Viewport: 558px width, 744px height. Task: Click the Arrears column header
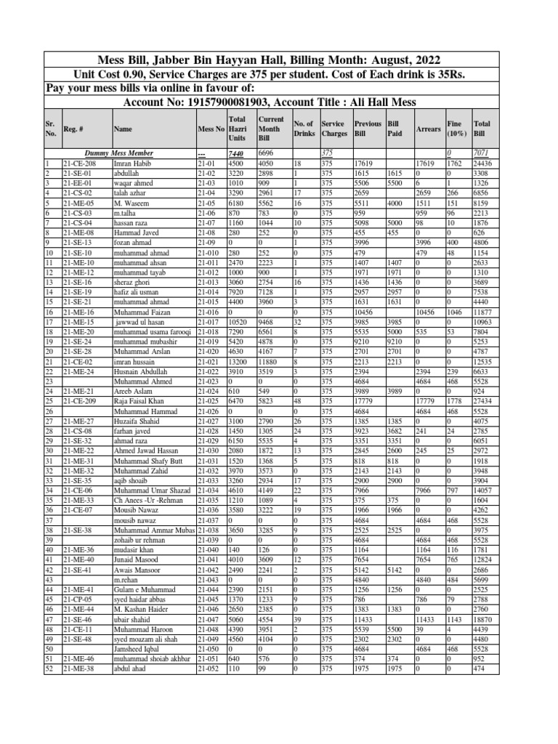(429, 129)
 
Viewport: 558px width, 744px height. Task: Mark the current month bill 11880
(270, 362)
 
